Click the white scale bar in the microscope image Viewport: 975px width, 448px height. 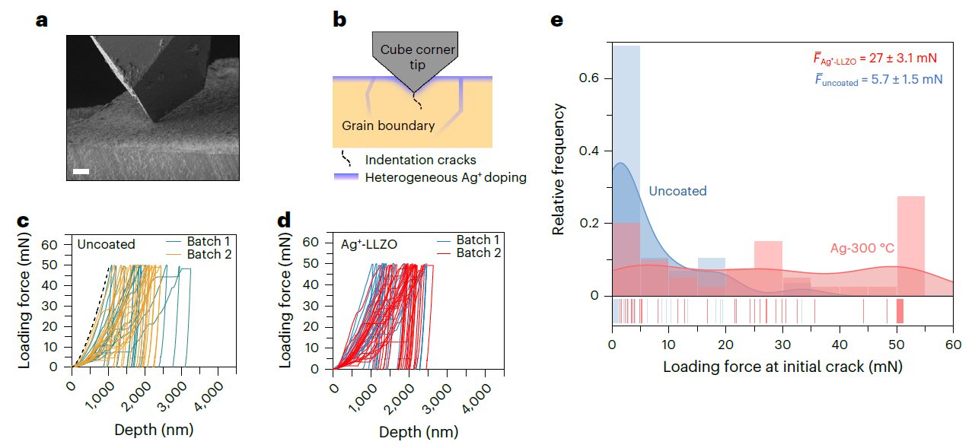(81, 172)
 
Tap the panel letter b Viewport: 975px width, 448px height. (339, 21)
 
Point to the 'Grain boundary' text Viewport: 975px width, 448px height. (388, 126)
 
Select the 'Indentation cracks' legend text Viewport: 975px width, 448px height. (420, 160)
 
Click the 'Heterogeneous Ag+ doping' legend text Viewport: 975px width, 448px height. (445, 177)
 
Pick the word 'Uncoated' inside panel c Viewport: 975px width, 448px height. (106, 244)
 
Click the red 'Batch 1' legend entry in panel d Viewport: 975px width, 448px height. (478, 240)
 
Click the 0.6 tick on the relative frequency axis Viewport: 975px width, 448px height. (590, 79)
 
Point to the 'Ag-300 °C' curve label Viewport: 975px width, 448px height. (862, 248)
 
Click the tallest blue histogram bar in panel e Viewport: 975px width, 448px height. (626, 167)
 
